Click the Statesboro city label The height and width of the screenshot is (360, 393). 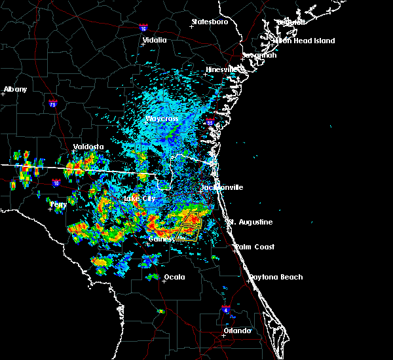click(x=210, y=22)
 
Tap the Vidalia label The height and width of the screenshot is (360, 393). click(x=155, y=40)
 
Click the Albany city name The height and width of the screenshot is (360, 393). click(x=16, y=89)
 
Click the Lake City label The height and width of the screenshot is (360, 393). click(x=140, y=198)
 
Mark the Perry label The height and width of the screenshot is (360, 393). click(x=58, y=204)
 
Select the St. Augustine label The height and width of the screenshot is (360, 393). click(x=250, y=223)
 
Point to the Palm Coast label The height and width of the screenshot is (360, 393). click(x=255, y=247)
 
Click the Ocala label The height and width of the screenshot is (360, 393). click(x=174, y=277)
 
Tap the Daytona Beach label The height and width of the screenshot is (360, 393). click(x=275, y=277)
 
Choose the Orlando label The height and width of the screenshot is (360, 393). click(x=237, y=331)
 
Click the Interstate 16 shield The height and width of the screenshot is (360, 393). click(x=143, y=27)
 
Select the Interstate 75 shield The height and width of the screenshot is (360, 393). click(x=54, y=103)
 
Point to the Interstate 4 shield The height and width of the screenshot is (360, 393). click(x=225, y=308)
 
